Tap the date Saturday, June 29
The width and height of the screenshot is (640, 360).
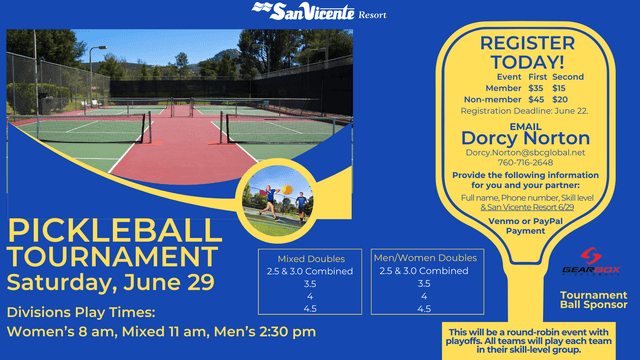tap(111, 281)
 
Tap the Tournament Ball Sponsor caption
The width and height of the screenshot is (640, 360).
tap(593, 300)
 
